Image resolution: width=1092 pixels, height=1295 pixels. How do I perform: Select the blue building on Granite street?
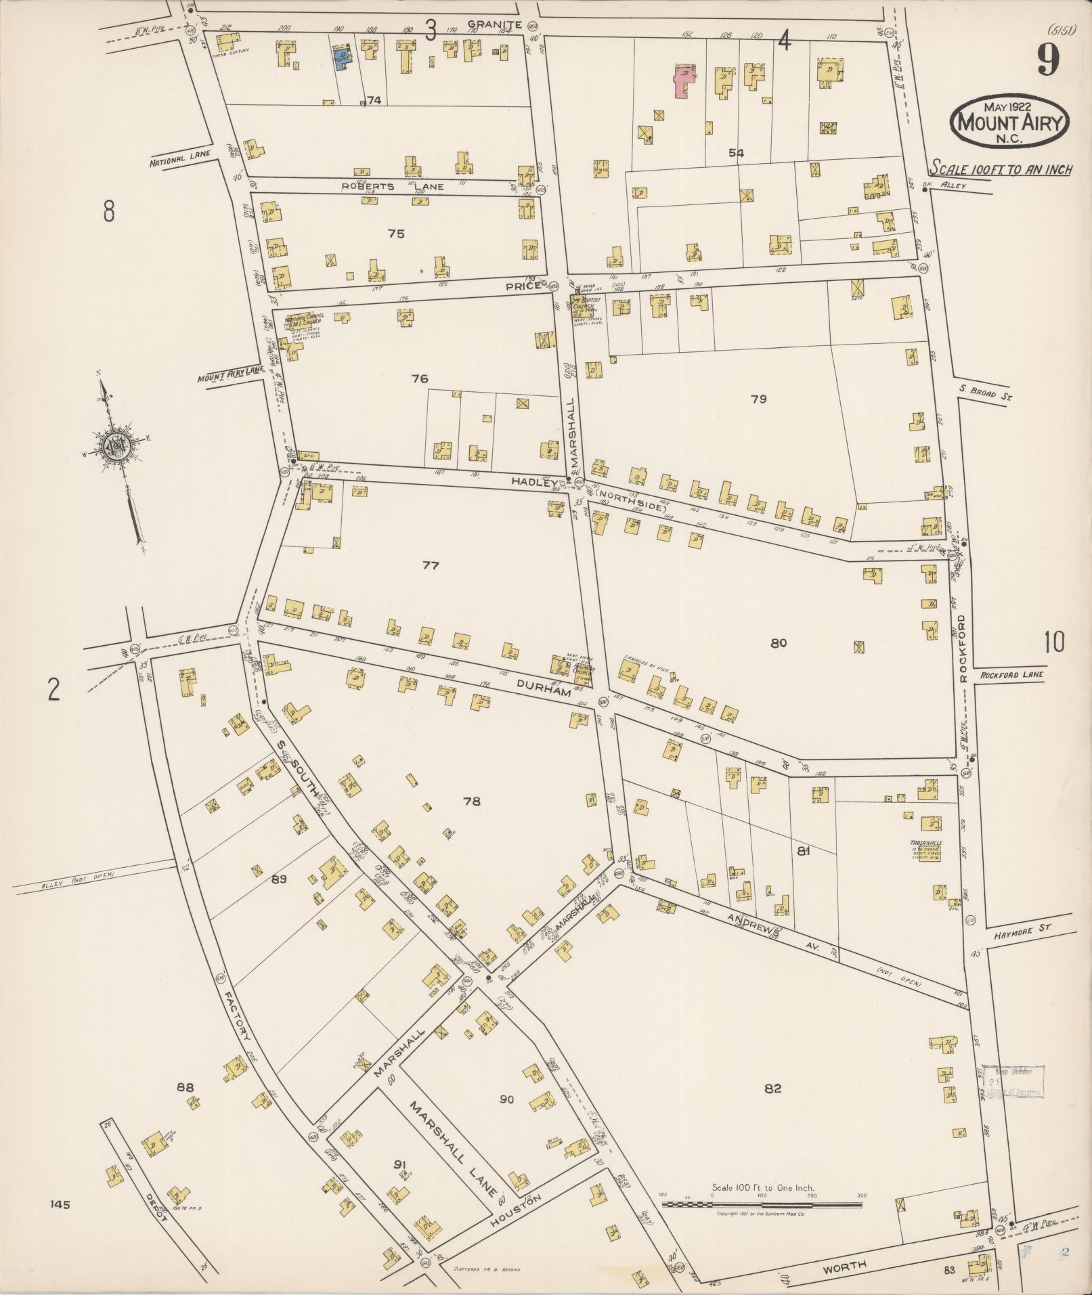click(343, 58)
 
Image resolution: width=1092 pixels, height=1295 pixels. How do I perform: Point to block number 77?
click(431, 565)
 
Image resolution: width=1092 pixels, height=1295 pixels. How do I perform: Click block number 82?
click(772, 1089)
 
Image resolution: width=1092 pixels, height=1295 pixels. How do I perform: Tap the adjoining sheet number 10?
click(1053, 642)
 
